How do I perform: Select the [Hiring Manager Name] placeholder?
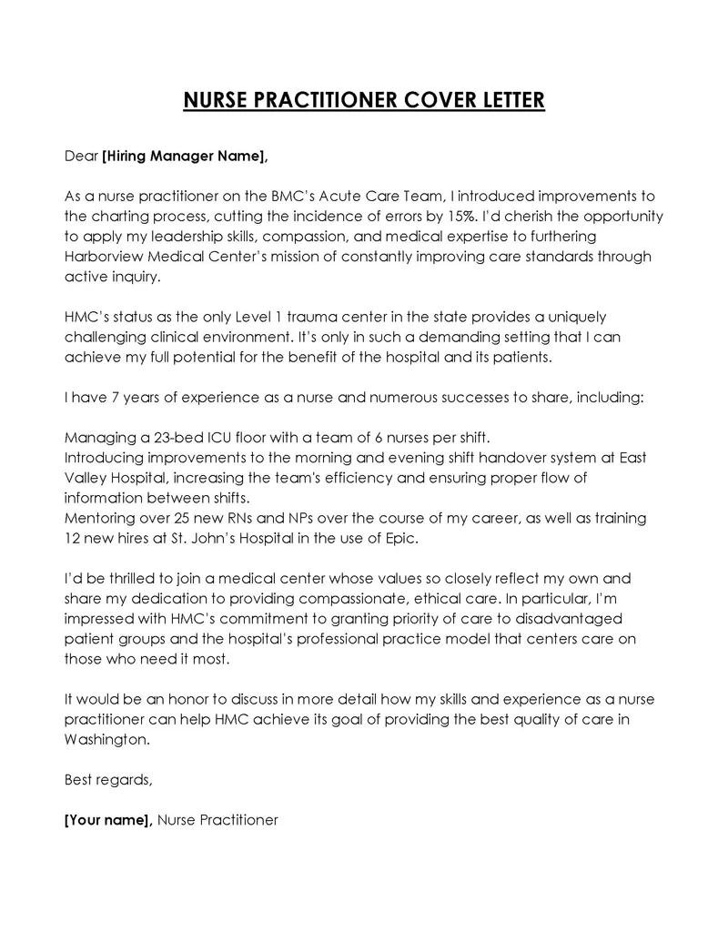click(x=186, y=156)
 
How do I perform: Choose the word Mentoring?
click(x=97, y=518)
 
